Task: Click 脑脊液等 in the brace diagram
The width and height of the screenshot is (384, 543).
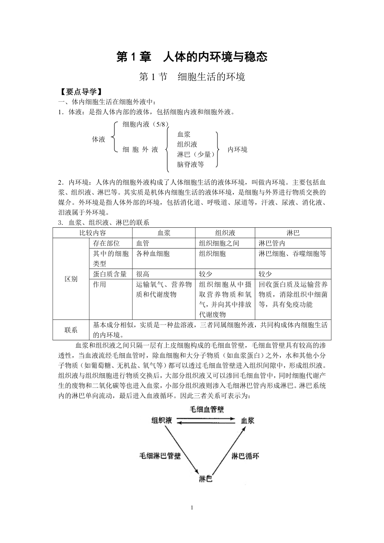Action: (x=190, y=164)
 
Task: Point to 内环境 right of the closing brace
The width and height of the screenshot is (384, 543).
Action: (x=237, y=149)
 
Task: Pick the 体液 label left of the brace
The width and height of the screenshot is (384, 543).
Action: (x=99, y=139)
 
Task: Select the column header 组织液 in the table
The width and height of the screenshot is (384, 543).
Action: (x=225, y=233)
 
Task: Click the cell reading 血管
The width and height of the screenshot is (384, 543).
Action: (x=143, y=243)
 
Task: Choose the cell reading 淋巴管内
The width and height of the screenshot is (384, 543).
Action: (x=272, y=243)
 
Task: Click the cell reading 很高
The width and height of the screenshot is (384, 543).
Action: (x=143, y=274)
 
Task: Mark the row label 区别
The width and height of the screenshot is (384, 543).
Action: (x=71, y=279)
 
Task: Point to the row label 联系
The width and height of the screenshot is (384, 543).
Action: (x=71, y=330)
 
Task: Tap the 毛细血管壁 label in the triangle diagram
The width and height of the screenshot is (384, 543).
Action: (x=207, y=409)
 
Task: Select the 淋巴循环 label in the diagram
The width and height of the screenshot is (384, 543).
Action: (x=245, y=456)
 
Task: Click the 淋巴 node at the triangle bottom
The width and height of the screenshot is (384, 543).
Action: (x=205, y=479)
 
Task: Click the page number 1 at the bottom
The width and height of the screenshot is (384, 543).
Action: (x=192, y=508)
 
